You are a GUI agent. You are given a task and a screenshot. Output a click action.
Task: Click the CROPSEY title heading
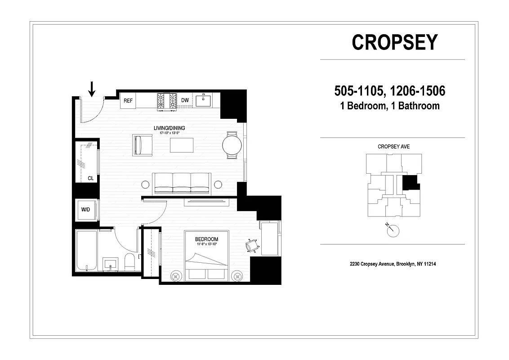click(x=394, y=42)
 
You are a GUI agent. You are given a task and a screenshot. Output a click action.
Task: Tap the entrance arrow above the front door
click(x=92, y=89)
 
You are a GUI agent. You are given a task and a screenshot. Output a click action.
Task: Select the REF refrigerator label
click(x=128, y=101)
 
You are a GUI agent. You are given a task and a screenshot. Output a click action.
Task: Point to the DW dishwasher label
click(x=185, y=101)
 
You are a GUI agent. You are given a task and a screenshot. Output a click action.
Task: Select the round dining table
click(x=232, y=145)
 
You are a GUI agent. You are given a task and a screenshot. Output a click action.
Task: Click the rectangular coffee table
click(x=182, y=145)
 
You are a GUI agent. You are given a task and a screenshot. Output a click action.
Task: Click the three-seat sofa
click(x=181, y=183)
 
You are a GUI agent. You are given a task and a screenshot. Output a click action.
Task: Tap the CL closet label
click(x=91, y=178)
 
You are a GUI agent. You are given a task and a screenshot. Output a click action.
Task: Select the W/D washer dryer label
click(x=85, y=210)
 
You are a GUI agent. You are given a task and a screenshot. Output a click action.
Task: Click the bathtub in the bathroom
click(x=86, y=251)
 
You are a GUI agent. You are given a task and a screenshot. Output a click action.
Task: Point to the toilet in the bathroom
click(x=129, y=262)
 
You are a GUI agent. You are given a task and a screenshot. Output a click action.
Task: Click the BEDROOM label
click(x=206, y=239)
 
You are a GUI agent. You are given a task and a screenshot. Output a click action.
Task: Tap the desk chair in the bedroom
click(x=252, y=245)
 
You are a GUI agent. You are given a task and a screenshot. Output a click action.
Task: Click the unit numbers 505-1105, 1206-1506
click(x=389, y=91)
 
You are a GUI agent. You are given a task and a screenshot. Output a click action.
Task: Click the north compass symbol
click(x=393, y=230)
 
